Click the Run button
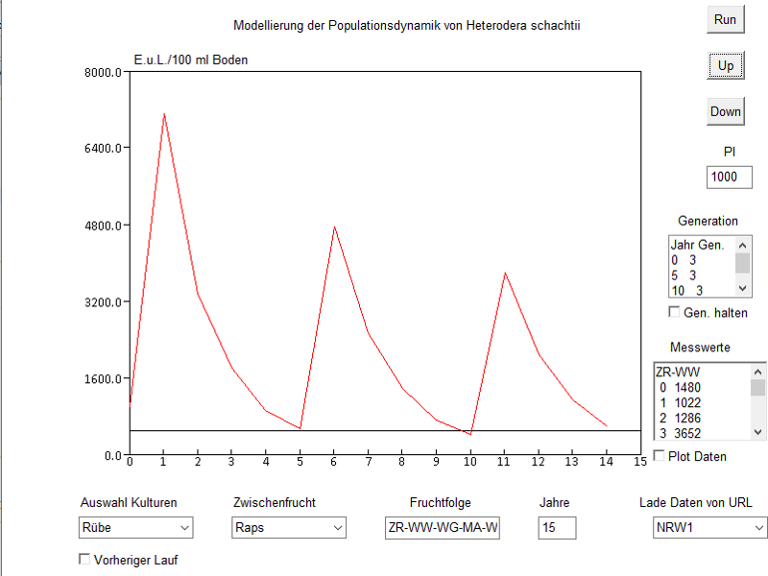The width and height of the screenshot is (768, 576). tap(725, 19)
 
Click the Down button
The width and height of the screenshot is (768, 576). tap(726, 111)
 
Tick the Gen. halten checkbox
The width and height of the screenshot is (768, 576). tap(674, 312)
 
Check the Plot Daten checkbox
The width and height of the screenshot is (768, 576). tap(660, 456)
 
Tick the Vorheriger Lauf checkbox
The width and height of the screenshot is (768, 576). tap(84, 560)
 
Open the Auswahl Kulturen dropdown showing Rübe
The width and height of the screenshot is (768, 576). tap(135, 527)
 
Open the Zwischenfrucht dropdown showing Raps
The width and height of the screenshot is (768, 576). tap(289, 527)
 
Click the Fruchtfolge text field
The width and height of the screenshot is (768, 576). tap(442, 527)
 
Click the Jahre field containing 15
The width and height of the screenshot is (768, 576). tap(557, 527)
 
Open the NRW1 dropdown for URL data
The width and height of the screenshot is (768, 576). tap(709, 527)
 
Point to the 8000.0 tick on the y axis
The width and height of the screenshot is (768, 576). tap(103, 72)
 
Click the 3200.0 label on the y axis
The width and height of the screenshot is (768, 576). tap(103, 301)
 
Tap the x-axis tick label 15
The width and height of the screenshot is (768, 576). tap(639, 462)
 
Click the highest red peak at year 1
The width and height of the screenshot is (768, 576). tap(164, 114)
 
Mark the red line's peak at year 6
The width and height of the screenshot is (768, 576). tap(334, 227)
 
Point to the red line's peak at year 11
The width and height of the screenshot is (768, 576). tap(504, 273)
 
